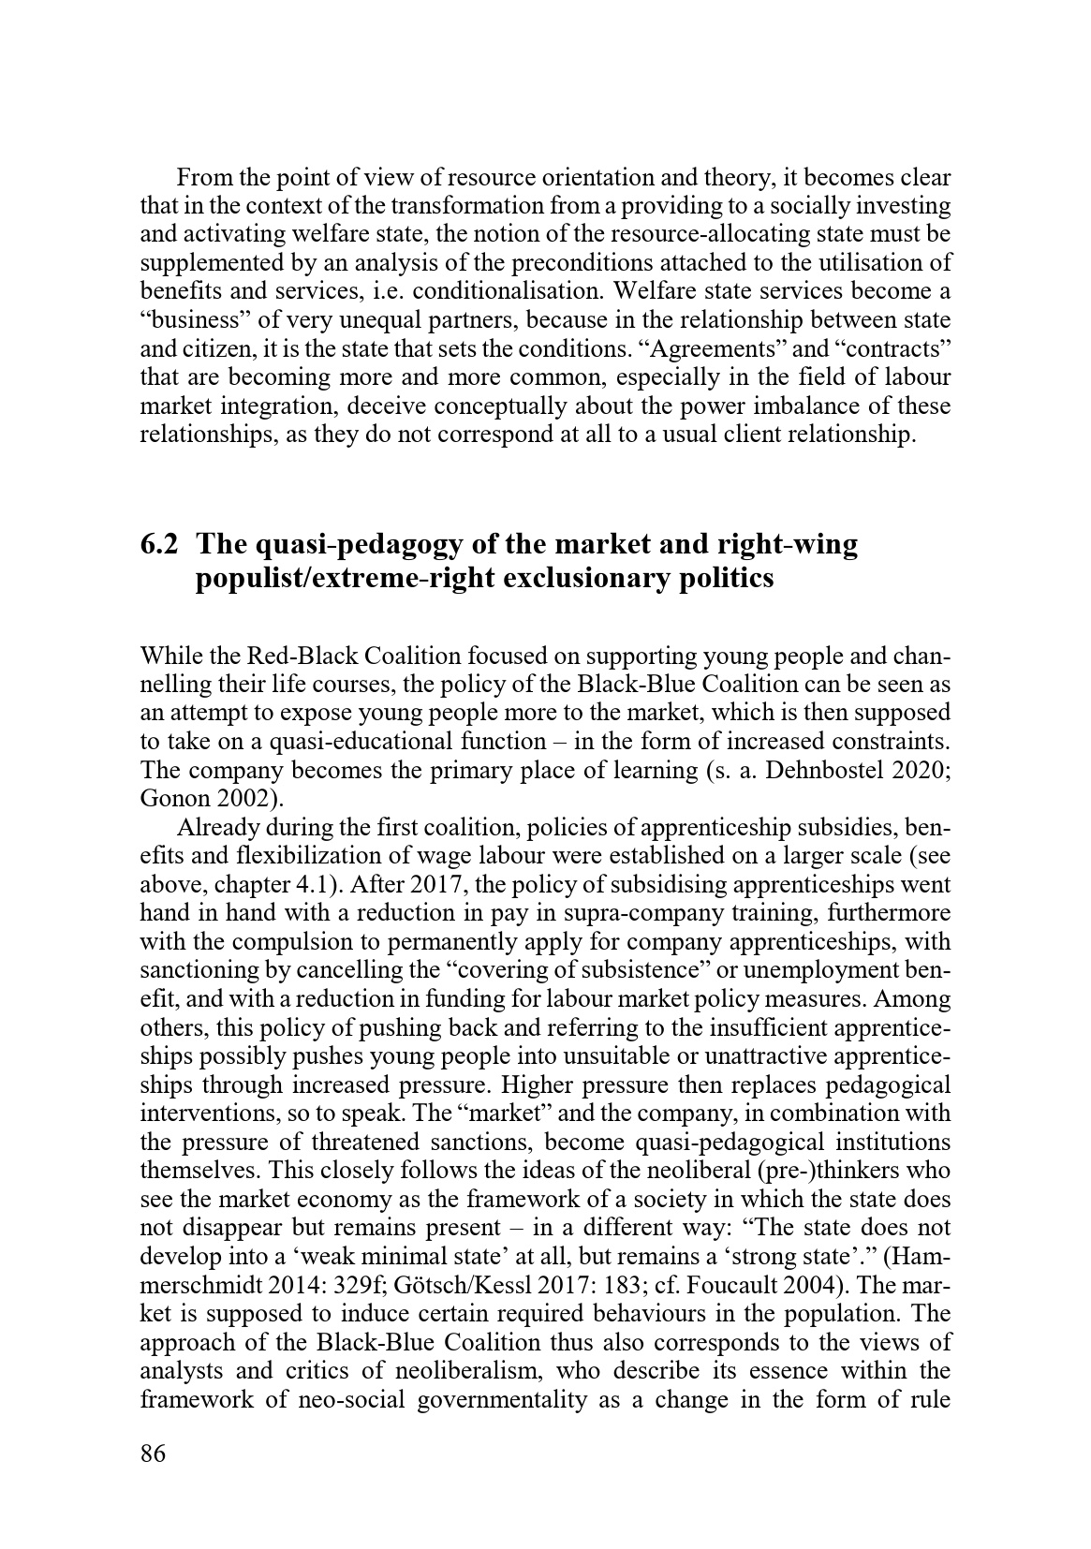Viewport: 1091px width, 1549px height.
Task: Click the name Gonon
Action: pos(170,800)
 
